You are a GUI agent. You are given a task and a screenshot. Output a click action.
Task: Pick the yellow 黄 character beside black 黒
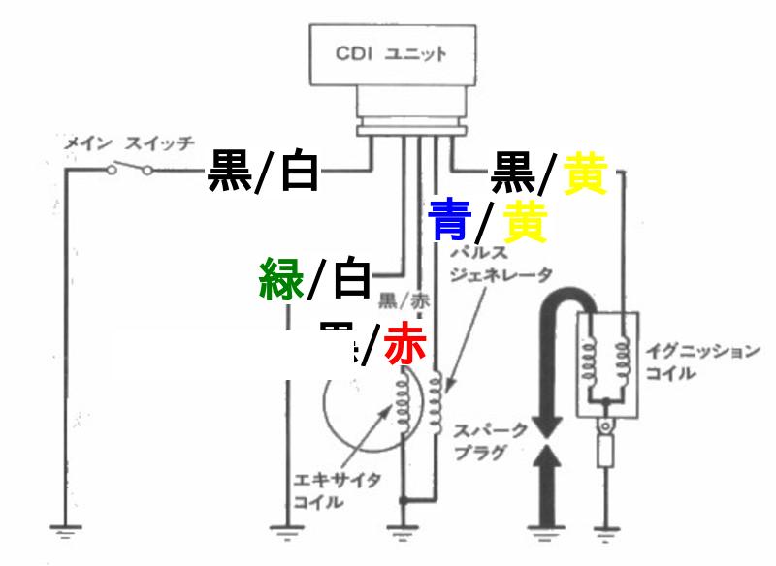[x=585, y=175]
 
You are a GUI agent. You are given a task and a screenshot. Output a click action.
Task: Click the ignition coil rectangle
[x=608, y=363]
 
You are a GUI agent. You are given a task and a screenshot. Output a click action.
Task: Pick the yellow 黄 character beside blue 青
[x=524, y=222]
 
